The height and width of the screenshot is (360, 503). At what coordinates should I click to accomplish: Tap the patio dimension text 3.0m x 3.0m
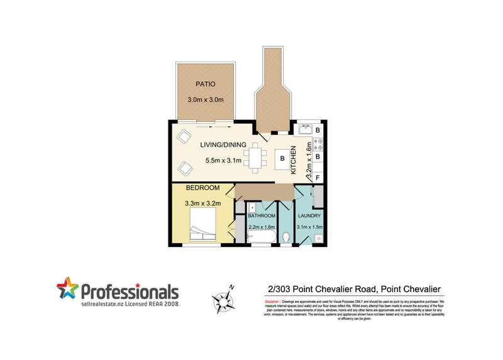[206, 100]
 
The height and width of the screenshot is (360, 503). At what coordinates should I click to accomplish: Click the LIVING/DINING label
[223, 145]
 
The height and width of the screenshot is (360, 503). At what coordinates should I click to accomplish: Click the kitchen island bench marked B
[283, 161]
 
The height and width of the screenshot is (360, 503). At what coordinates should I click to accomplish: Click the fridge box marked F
[318, 178]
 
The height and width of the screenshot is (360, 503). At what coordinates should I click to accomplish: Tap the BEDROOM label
[202, 188]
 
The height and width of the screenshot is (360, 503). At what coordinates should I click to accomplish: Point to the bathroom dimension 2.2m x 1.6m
[262, 226]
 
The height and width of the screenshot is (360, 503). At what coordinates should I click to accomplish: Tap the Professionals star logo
[67, 290]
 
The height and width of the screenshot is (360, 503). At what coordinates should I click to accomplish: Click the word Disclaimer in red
[268, 302]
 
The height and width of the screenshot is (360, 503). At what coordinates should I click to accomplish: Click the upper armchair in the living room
[184, 136]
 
